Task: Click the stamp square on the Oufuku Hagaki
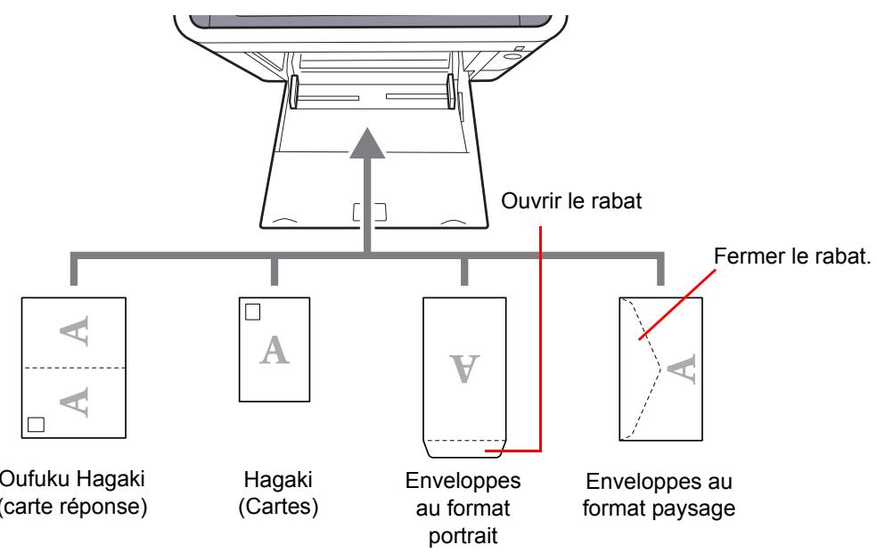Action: click(35, 424)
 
